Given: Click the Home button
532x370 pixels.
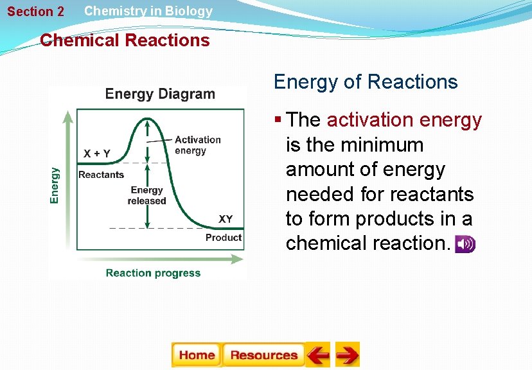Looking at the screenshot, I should pos(196,355).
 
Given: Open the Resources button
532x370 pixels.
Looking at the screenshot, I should pos(263,355).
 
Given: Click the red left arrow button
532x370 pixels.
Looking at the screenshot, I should pos(317,355).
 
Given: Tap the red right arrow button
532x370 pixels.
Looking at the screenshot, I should pos(348,355).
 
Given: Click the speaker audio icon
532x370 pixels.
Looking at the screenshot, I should pos(465,244).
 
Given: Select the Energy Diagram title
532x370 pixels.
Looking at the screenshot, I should pos(160,94).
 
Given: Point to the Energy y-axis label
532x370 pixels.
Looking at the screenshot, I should pos(55,186).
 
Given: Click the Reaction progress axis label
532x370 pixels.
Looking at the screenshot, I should pos(153,273).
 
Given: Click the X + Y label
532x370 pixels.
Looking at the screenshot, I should pos(97,154).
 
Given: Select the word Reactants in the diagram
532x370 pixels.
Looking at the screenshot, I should pos(101,175).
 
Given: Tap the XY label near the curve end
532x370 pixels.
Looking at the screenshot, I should pos(226,219).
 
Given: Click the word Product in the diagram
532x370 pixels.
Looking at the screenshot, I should pos(223,238).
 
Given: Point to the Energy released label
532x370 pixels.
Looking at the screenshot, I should pos(146,195).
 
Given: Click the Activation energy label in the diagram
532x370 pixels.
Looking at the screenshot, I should pos(197,145).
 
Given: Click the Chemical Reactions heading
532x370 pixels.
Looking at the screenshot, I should pos(125,40).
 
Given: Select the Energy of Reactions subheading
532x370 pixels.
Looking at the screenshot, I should pos(366,82).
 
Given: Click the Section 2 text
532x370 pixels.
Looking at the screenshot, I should pos(36,12).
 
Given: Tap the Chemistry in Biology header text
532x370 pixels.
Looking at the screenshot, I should pos(148,11).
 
